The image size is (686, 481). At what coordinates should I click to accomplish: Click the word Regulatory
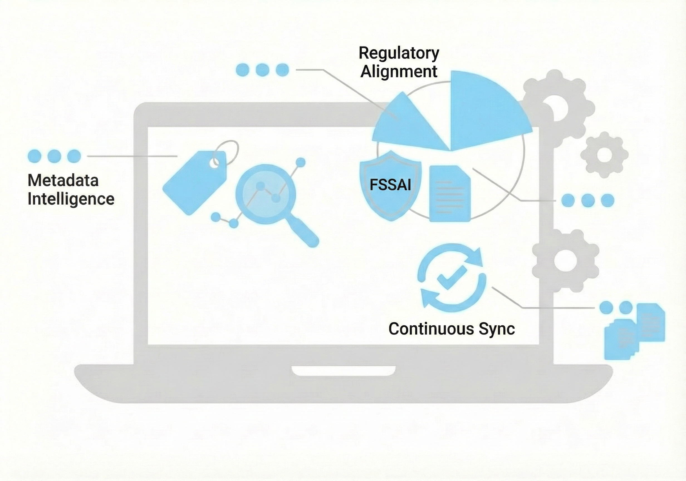[399, 53]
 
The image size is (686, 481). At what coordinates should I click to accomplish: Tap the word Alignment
[399, 72]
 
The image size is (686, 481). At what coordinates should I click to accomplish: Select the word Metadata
[63, 180]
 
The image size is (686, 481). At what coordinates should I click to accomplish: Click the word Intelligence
[71, 199]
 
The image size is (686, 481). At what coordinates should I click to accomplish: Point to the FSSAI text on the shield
[390, 185]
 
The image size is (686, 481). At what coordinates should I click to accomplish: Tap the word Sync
[497, 329]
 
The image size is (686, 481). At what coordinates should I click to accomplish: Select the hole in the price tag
[214, 163]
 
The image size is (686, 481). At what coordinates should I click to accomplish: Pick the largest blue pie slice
[484, 111]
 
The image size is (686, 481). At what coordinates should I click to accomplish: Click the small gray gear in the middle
[604, 155]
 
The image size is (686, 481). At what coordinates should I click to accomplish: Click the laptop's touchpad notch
[344, 371]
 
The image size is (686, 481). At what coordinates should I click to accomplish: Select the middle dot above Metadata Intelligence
[54, 156]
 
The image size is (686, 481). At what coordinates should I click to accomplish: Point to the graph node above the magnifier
[300, 162]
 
